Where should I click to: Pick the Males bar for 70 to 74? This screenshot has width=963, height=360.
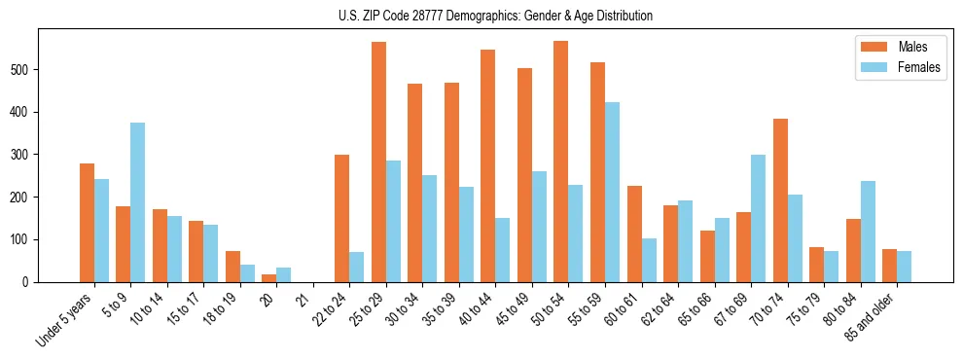tap(780, 200)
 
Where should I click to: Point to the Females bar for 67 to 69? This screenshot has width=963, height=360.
tap(758, 218)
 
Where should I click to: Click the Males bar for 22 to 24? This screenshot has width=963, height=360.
tap(342, 218)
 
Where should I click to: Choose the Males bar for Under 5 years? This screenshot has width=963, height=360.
tap(88, 223)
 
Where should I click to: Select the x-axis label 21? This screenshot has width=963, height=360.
tap(303, 294)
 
